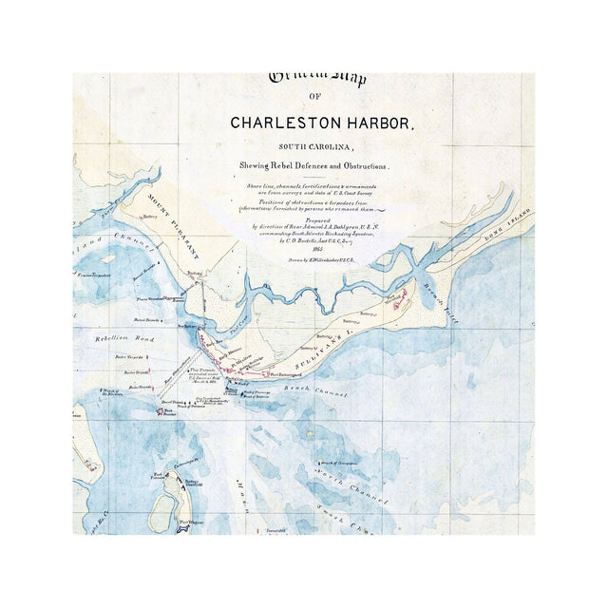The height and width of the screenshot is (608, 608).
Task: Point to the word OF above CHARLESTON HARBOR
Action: (315, 99)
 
